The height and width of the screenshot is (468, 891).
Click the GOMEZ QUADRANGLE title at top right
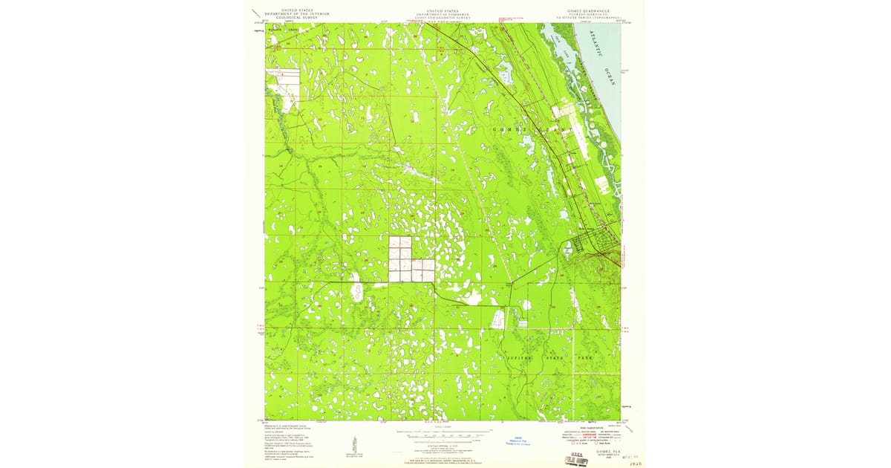click(x=590, y=11)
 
